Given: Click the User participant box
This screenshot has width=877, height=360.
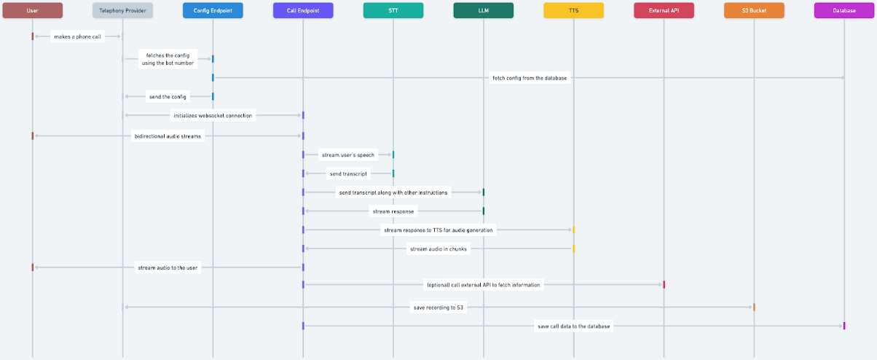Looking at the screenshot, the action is [x=33, y=11].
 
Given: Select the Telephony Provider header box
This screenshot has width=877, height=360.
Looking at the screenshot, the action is [x=122, y=11].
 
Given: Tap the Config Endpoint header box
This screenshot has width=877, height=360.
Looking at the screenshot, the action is [x=213, y=11].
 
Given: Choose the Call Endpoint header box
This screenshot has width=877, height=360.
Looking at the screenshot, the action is [x=303, y=11].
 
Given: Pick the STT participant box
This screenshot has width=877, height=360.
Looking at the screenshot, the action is [x=393, y=11].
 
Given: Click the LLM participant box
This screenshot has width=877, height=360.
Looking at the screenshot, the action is [x=484, y=11].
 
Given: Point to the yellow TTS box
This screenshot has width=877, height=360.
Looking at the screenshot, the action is [x=573, y=11].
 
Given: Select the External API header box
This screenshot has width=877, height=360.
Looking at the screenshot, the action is [x=664, y=11].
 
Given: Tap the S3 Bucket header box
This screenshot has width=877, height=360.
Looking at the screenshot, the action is [x=754, y=11].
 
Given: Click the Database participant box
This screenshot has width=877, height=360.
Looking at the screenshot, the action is [x=844, y=11].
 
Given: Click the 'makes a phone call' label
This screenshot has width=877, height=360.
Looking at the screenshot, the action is [x=77, y=37].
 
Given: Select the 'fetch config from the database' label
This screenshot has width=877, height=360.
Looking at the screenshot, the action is [x=530, y=78].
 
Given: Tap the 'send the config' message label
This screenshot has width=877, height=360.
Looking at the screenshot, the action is [x=168, y=97].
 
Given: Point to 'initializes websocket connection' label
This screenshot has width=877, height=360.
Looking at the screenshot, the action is [x=213, y=116].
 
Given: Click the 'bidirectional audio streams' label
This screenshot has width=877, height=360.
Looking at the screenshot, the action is [x=168, y=136].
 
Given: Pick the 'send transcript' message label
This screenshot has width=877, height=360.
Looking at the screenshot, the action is [x=348, y=173].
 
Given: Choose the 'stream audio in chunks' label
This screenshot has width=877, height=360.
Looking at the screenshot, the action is [x=438, y=249].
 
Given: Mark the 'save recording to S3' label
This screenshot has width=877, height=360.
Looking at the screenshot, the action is [x=438, y=308].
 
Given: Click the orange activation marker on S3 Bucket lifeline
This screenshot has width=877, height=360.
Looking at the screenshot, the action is [x=754, y=307].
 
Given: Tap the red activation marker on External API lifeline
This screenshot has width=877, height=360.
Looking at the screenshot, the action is [x=664, y=285].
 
